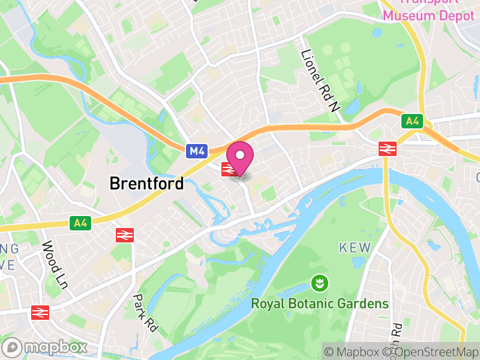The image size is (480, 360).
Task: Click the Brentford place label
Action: (146, 184)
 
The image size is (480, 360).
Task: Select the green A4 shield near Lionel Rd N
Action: (412, 122)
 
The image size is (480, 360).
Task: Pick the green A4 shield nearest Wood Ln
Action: (80, 224)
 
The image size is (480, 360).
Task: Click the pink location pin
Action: (241, 158)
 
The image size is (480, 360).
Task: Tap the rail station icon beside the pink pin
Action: (227, 169)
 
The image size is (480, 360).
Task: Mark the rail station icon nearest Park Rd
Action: (124, 235)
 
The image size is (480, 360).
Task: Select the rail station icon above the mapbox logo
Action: (40, 312)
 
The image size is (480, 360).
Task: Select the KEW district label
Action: (355, 248)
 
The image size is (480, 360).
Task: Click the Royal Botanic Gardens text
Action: (320, 304)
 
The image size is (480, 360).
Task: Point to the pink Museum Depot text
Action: (428, 16)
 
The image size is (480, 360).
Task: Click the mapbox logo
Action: (45, 347)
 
